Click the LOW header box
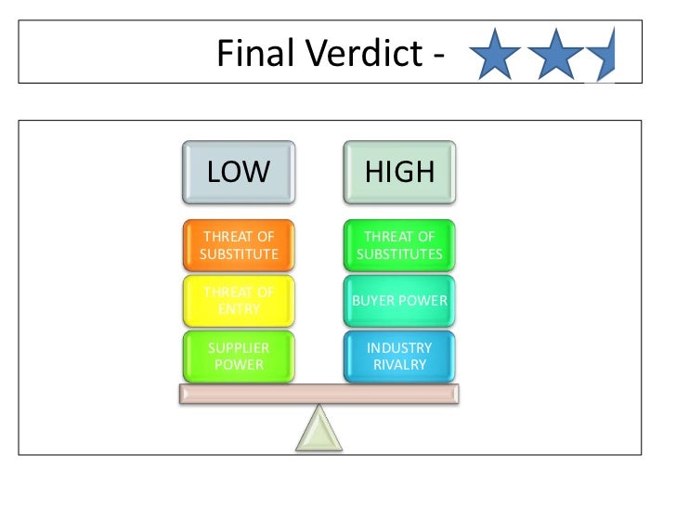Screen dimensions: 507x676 pos(239,172)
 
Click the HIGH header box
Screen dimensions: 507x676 pos(400,172)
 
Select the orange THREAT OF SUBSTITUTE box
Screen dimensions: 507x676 pos(239,245)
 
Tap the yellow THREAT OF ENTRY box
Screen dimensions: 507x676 pos(239,301)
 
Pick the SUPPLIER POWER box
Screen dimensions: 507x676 pos(239,356)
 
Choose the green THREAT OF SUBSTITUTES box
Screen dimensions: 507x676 pos(400,245)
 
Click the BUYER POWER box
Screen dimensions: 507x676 pos(400,301)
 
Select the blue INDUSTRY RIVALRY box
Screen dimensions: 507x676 pos(400,356)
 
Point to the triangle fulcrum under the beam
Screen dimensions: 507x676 pos(318,429)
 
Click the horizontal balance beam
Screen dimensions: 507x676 pos(318,394)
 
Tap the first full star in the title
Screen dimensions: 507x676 pos(496,55)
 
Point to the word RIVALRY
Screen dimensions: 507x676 pos(400,365)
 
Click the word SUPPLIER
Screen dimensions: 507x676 pos(239,348)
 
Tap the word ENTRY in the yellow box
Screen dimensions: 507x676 pos(239,309)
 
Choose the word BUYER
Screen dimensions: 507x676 pos(377,301)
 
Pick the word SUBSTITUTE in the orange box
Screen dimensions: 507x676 pos(239,253)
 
